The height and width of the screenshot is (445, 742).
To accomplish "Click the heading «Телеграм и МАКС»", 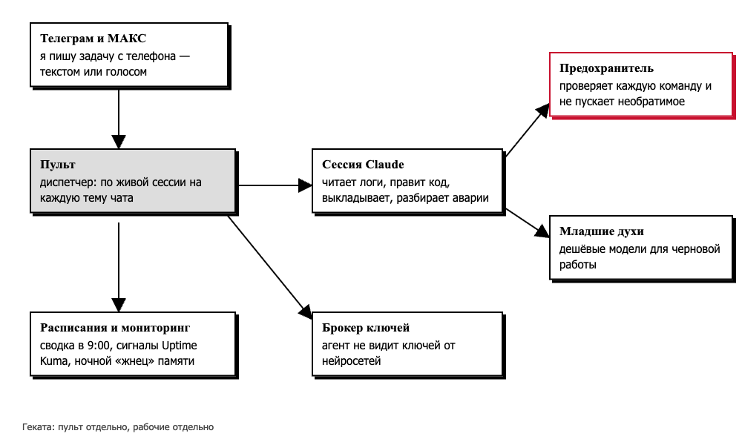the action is tap(93, 39).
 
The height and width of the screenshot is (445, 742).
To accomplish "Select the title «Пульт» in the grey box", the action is tap(58, 165).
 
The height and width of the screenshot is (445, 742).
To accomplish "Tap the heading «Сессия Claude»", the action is tap(363, 165).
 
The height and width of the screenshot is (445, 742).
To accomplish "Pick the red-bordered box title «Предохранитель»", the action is tap(607, 68).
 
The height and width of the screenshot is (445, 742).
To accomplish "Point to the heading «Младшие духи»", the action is tap(602, 231).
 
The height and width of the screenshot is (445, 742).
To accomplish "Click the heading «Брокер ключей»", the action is tap(366, 328).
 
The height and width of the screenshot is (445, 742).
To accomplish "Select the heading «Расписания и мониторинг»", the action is tap(115, 328).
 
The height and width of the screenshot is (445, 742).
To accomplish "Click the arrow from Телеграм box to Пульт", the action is tap(118, 119).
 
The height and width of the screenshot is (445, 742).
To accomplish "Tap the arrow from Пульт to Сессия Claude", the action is tap(275, 185).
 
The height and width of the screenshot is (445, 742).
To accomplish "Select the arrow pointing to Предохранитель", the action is tap(527, 131).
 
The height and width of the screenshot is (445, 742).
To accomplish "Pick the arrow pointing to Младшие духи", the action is tap(527, 222).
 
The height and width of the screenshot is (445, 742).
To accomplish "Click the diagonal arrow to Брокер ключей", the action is tap(270, 267).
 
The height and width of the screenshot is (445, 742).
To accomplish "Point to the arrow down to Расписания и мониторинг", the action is tap(118, 267).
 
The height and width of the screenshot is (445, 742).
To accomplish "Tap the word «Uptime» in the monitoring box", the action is tap(180, 346).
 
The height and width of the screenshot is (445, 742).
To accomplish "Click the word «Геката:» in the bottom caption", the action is tap(39, 427).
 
